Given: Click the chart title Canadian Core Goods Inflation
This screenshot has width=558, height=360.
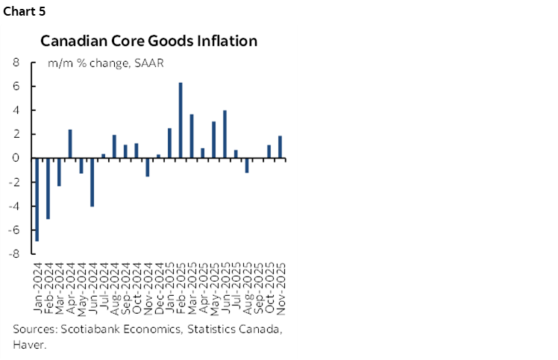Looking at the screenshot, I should pos(148,41).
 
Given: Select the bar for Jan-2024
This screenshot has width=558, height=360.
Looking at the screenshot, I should pos(36,199).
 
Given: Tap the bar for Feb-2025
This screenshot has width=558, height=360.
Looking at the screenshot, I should pos(181,120).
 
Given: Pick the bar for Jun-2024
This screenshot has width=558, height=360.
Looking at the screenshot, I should pos(92,182).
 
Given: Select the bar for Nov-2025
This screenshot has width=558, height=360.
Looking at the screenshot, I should pos(280,147).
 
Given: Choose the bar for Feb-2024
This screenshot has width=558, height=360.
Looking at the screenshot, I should pos(47,188).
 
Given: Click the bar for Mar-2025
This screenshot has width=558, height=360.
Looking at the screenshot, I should pos(192,136).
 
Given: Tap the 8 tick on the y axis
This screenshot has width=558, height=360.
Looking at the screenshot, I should pos(16,63).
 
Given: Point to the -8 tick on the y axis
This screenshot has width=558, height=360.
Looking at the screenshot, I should pos(13,253).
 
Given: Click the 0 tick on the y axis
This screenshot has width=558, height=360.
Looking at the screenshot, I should pos(16,158).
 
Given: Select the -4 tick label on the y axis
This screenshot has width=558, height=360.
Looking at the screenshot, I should pos(13,206).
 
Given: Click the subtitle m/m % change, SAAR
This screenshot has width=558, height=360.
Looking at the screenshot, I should pos(106,63).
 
